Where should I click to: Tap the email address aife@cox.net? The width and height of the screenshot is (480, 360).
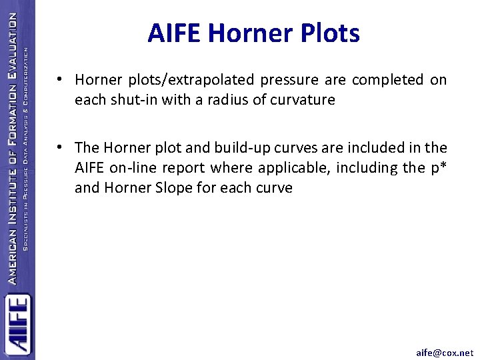(x=445, y=353)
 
